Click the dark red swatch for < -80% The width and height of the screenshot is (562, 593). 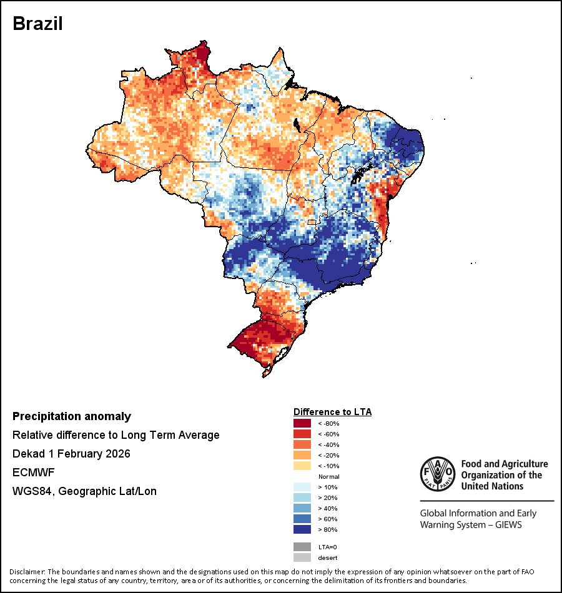click(302, 424)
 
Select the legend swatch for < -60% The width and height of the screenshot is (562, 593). click(302, 434)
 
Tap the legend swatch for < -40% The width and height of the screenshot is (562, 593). click(302, 445)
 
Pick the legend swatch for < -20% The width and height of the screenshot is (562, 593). click(302, 456)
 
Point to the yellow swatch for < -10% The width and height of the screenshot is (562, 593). click(302, 466)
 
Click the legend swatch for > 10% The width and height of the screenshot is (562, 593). click(302, 488)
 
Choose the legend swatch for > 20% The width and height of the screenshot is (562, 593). click(302, 498)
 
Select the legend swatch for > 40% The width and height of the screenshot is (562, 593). click(302, 509)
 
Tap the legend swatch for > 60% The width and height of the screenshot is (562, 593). click(302, 519)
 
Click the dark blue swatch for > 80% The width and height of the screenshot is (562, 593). click(302, 530)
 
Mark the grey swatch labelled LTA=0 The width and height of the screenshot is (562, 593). click(302, 547)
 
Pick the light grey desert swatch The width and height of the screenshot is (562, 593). click(302, 557)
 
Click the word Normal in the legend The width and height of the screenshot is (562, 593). click(328, 477)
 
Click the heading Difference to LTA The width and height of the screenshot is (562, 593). click(332, 412)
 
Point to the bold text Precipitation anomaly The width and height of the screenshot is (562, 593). click(72, 416)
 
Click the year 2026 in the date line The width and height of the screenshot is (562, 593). click(118, 454)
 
